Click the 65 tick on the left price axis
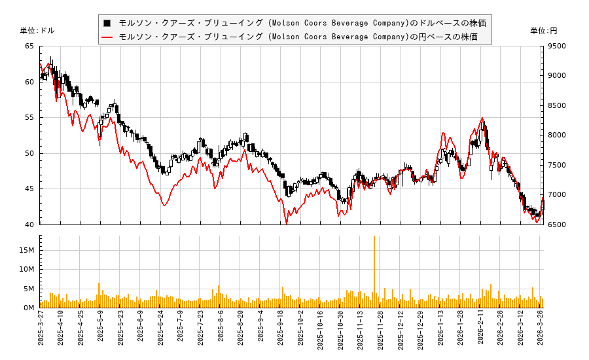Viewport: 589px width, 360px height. (x=29, y=46)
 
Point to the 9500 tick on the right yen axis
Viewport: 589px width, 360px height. (x=558, y=46)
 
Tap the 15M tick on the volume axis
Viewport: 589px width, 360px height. (x=27, y=250)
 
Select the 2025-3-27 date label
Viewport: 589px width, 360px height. (x=41, y=331)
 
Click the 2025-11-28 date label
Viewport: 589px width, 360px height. (x=380, y=331)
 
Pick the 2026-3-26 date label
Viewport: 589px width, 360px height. (x=541, y=331)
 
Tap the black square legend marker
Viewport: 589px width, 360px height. (x=107, y=23)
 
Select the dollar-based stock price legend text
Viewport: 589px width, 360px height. (x=302, y=23)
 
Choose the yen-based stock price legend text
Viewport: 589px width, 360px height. (x=298, y=37)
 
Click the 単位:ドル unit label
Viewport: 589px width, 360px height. (x=37, y=31)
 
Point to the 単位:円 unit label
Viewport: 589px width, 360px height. (x=543, y=31)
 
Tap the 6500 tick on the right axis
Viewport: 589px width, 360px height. (x=558, y=225)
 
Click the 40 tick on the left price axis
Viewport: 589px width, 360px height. (x=29, y=225)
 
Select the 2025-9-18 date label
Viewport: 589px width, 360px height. (x=281, y=331)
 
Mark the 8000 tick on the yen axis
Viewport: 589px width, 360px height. (x=558, y=135)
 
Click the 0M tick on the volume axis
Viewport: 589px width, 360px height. (x=29, y=308)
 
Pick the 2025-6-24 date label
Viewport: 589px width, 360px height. (x=160, y=331)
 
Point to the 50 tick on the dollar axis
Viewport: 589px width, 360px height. (x=29, y=154)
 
